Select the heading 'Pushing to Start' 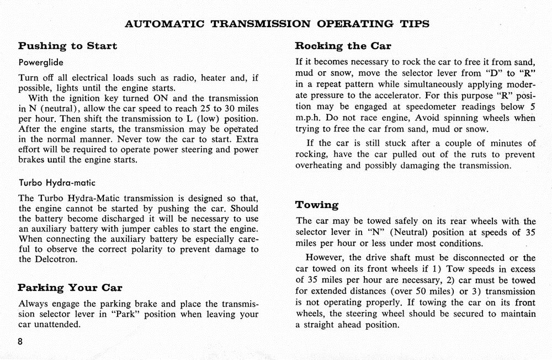pos(67,46)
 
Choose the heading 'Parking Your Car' pos(70,288)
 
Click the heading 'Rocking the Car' pos(343,46)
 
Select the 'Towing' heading pos(317,205)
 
